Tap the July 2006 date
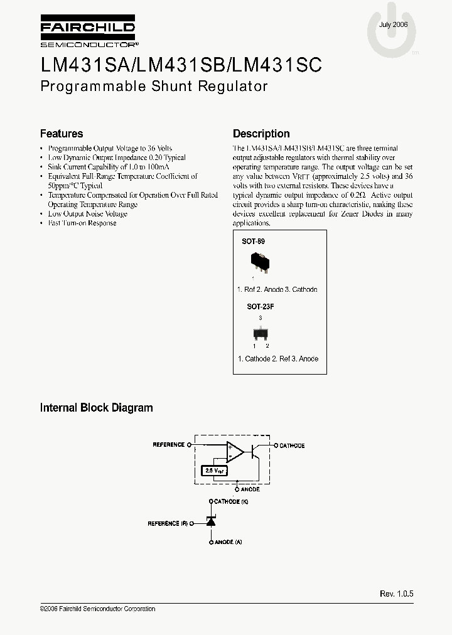click(x=394, y=24)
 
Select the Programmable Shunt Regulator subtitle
click(x=154, y=87)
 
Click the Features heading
click(x=62, y=134)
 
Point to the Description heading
click(x=261, y=134)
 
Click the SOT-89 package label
click(x=253, y=241)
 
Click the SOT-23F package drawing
click(x=259, y=333)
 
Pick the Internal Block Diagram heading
click(x=97, y=408)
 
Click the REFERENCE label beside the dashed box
click(x=168, y=445)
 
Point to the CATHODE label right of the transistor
click(x=292, y=446)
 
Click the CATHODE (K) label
click(x=232, y=502)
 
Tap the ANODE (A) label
click(x=229, y=542)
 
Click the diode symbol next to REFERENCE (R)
click(x=211, y=522)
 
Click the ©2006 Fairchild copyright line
click(x=97, y=609)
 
